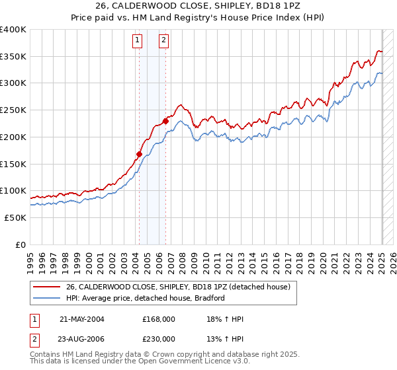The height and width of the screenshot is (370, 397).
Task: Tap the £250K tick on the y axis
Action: click(x=13, y=110)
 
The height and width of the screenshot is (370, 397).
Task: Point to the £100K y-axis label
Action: click(x=13, y=190)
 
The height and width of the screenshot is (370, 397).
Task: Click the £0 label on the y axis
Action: click(x=21, y=244)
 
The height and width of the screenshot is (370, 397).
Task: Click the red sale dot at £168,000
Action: click(x=140, y=155)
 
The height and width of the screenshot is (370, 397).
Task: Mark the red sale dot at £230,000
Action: click(x=165, y=121)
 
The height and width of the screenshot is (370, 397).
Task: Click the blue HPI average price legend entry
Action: click(x=146, y=298)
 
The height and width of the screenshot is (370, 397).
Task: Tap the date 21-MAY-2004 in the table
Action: click(x=82, y=318)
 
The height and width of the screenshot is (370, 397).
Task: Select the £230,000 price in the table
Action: click(x=159, y=339)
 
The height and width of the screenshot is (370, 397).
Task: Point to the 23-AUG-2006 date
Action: click(x=82, y=339)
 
